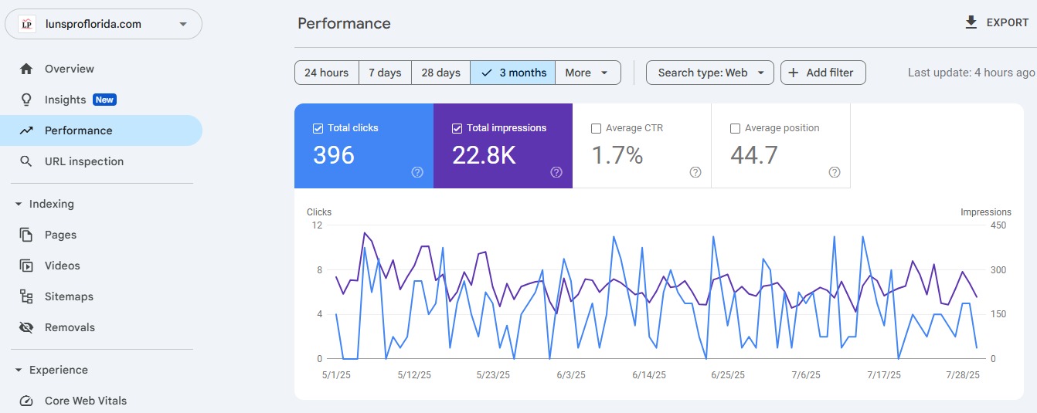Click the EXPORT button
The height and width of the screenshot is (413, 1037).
point(997,22)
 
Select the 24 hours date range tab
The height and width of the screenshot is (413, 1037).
point(326,73)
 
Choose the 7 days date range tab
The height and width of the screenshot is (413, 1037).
point(385,73)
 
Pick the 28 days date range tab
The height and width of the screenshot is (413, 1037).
point(440,73)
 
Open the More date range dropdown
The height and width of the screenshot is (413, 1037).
point(587,73)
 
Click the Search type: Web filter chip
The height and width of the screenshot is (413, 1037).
point(709,73)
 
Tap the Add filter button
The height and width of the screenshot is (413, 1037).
point(822,73)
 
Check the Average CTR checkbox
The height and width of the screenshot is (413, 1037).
point(596,128)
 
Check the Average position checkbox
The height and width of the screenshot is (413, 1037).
point(735,128)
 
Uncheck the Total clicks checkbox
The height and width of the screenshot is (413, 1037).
point(318,128)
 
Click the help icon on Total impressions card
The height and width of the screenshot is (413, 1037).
point(556,172)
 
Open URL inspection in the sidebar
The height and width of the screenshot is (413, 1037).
point(83,161)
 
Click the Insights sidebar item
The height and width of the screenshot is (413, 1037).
point(66,100)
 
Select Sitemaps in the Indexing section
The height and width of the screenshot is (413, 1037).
point(69,296)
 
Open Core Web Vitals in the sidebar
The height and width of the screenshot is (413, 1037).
point(85,401)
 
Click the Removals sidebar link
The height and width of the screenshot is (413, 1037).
point(70,327)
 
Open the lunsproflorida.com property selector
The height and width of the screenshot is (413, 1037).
point(104,24)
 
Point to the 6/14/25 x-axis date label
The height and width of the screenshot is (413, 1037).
point(648,375)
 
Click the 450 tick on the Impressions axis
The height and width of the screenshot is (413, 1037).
point(998,225)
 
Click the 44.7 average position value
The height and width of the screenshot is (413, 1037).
point(754,156)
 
